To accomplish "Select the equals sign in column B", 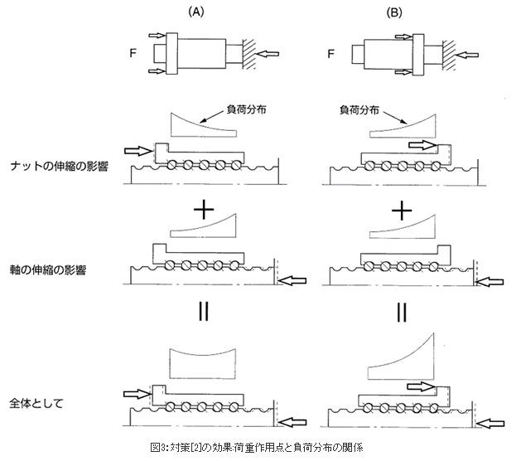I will pos(401,313).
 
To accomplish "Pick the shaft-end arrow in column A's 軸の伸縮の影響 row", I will pos(291,283).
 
